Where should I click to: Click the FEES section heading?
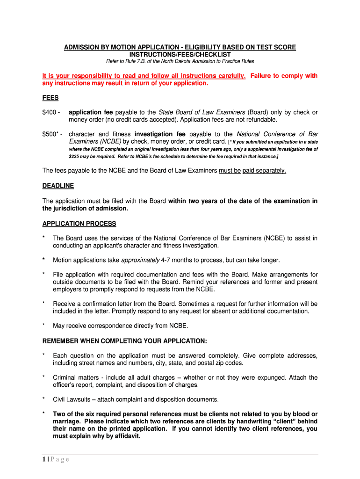pos(50,98)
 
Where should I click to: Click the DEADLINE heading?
pos(58,186)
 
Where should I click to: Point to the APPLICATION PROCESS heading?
pos(79,224)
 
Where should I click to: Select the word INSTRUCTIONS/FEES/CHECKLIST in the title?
pos(180,55)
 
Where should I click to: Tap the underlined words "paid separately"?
pos(264,171)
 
